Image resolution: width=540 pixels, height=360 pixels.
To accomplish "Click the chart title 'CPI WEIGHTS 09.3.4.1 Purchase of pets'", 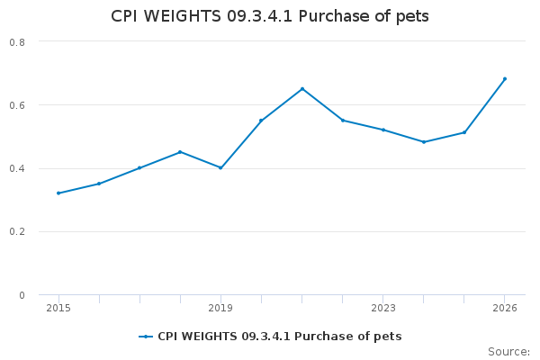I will coord(270,16).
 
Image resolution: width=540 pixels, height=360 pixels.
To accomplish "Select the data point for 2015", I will coord(58,193).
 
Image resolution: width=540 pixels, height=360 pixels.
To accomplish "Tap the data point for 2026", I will coord(505,78).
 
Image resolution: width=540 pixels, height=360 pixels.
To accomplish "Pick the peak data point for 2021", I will coord(302,88).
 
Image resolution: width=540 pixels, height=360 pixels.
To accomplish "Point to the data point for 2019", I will coord(220,167).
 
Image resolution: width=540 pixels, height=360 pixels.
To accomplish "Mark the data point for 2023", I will coord(383,130).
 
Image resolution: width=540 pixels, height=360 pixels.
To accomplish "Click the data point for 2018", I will coord(180,152).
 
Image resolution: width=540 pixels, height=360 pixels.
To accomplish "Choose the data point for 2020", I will coord(261,120).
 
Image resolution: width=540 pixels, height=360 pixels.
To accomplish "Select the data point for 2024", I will coord(424,141).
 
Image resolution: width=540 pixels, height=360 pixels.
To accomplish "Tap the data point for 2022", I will coord(343,120).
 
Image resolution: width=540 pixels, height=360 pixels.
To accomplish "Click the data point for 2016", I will coord(99,184).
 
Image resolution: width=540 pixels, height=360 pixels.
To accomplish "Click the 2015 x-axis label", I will coord(58,308).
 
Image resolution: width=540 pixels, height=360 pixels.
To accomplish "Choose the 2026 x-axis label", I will coord(505,308).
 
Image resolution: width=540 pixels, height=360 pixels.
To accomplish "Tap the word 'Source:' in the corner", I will coord(508,351).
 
